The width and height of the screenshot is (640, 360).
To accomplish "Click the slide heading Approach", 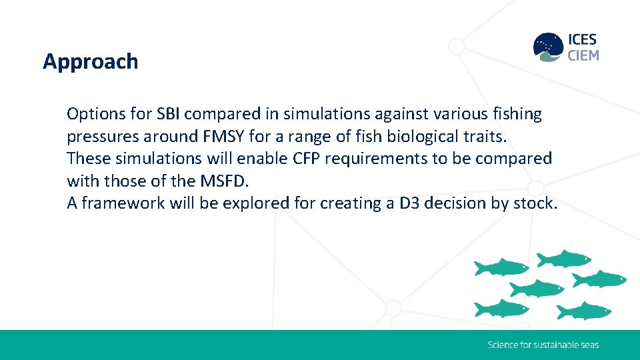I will pos(91,61).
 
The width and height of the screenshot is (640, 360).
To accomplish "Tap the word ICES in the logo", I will pos(583,39).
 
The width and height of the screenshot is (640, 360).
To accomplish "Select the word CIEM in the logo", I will pos(583,55).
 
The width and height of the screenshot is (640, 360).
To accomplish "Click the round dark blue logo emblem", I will pos(548,47).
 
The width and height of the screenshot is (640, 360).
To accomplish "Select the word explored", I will pos(258,203).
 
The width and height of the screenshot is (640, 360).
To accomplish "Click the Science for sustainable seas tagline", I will pos(543,345).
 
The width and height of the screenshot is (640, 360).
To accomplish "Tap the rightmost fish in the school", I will pos(599,278).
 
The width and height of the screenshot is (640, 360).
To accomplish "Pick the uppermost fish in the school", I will pos(564,258).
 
